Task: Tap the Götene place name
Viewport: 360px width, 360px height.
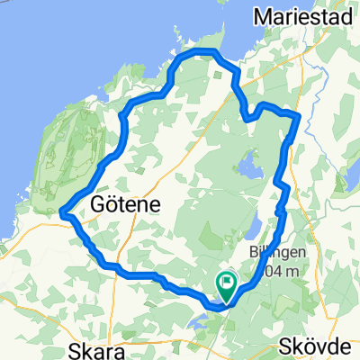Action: pos(126,204)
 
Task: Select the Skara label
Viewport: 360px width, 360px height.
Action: pos(100,348)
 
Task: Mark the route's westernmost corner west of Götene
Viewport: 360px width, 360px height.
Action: pos(61,213)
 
